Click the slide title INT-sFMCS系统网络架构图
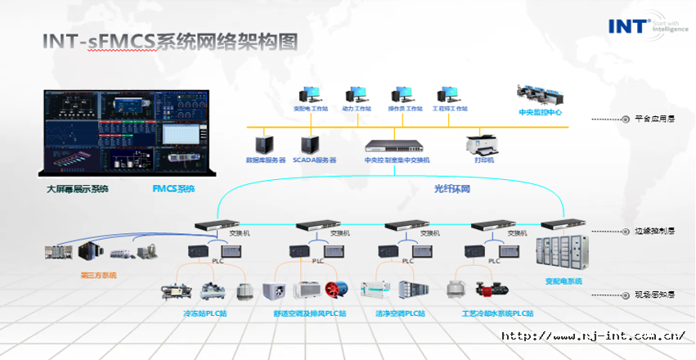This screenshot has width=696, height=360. [170, 42]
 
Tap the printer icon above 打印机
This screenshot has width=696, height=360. [484, 144]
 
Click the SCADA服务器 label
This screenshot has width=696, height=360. [313, 160]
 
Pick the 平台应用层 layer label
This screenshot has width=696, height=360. [654, 119]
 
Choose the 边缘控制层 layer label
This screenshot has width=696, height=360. [654, 232]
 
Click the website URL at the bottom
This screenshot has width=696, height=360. [592, 335]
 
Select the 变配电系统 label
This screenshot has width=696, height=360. [564, 281]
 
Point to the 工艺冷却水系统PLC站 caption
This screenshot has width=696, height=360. [496, 313]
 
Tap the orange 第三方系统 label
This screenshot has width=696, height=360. [98, 275]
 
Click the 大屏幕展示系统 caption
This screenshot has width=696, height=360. [77, 190]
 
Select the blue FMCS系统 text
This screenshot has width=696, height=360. [173, 190]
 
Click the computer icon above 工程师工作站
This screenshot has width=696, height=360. [449, 94]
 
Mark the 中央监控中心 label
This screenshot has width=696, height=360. [540, 112]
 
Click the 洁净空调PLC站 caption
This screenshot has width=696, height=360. [402, 313]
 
